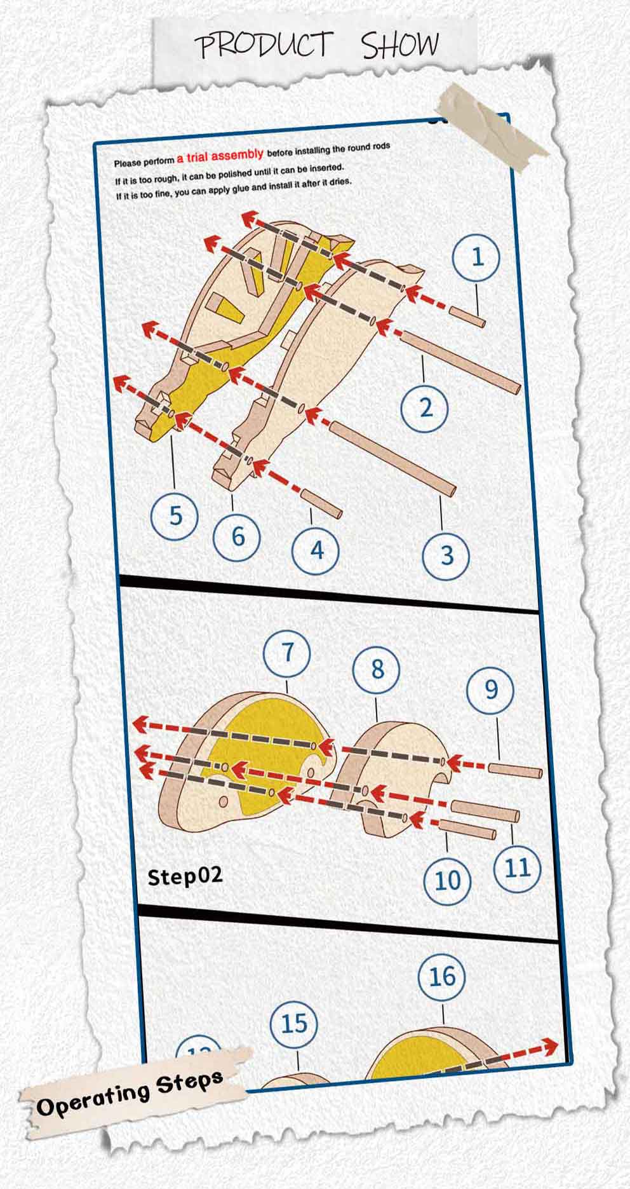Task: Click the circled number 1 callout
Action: [x=476, y=257]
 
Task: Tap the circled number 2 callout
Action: [x=425, y=407]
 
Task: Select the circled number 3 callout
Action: [x=446, y=555]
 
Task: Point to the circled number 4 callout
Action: [x=316, y=549]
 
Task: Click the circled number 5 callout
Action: [x=175, y=514]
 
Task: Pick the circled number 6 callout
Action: [x=237, y=536]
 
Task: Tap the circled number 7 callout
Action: [x=288, y=653]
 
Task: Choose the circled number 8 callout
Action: [x=377, y=669]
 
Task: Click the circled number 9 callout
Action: [x=490, y=690]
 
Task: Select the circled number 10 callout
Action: [x=448, y=880]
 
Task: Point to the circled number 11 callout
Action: [x=518, y=867]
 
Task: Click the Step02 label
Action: [x=185, y=876]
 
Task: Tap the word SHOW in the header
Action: [x=401, y=44]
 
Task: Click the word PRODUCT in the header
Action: [x=264, y=46]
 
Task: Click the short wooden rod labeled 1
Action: [x=468, y=316]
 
